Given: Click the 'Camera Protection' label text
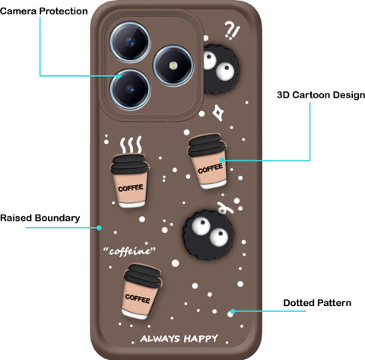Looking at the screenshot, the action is click(44, 11).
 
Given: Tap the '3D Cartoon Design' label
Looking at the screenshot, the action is click(321, 95).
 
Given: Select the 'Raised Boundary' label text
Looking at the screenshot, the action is click(40, 218).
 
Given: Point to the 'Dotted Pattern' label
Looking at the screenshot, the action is click(317, 303).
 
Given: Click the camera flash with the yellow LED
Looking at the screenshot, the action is click(173, 65).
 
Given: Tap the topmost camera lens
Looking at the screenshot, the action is click(130, 42).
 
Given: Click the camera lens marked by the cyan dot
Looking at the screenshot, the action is click(130, 89).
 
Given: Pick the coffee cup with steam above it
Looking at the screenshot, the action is click(130, 180).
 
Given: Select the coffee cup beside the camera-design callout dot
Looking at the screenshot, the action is click(208, 161).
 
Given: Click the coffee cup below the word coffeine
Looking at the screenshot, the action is click(142, 292).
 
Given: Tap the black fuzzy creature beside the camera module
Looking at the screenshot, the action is click(220, 69).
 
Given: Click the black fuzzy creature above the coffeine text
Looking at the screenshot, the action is click(208, 234).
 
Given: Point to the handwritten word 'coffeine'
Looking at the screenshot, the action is click(129, 251).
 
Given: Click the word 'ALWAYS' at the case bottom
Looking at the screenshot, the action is click(160, 339).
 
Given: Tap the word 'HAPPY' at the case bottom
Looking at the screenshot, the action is click(201, 339).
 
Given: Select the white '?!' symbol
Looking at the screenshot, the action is click(232, 30).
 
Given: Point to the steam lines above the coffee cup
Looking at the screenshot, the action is click(131, 145).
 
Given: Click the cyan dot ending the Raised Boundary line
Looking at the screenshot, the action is click(99, 228).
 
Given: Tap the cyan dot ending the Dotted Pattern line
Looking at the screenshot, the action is click(233, 311).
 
